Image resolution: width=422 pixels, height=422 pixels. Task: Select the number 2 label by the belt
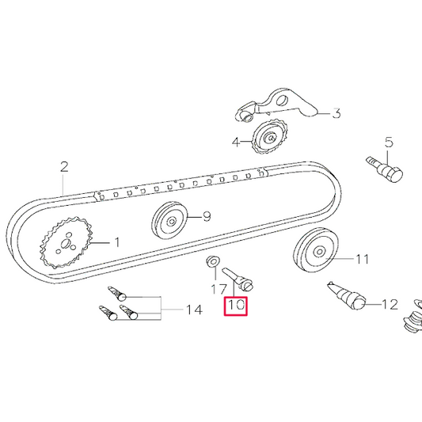(64, 167)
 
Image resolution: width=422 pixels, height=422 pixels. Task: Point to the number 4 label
(236, 143)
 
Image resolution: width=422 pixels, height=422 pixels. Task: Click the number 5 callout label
(389, 143)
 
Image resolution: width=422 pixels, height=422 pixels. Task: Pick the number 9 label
(207, 216)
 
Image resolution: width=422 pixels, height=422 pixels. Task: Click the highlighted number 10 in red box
(237, 304)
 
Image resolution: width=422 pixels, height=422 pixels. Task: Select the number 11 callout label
(362, 258)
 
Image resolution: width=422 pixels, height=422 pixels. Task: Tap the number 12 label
(390, 304)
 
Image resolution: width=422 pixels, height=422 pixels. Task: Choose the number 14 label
(193, 310)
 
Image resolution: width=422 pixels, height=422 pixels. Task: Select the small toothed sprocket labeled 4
(271, 140)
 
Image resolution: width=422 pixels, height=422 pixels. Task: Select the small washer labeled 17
(212, 262)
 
